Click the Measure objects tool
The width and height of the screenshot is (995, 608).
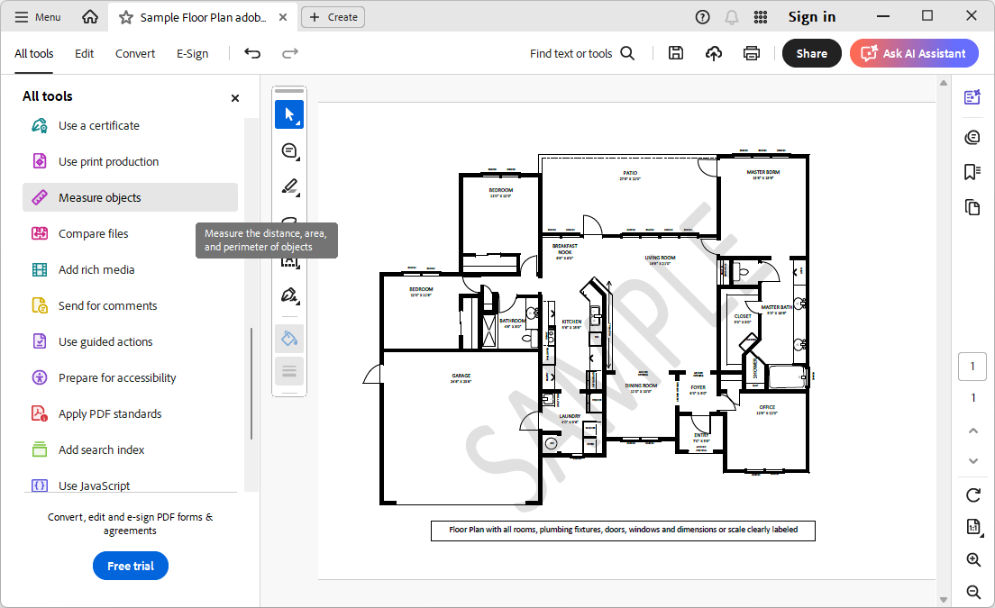pos(99,198)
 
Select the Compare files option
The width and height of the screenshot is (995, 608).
pos(93,234)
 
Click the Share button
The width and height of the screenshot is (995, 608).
pos(811,53)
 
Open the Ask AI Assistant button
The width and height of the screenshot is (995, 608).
pos(914,53)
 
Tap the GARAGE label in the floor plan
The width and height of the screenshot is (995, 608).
pos(461,376)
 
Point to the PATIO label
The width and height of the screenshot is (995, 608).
pos(629,173)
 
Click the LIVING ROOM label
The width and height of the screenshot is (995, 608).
pos(659,258)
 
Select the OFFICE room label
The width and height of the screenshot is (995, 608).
pos(766,407)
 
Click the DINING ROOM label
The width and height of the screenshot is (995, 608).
pos(641,386)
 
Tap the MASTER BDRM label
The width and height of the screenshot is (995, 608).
pos(762,172)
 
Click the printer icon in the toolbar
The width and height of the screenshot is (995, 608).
pos(752,53)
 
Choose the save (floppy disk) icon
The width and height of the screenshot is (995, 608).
pos(676,53)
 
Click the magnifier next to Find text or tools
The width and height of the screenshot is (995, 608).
pos(627,53)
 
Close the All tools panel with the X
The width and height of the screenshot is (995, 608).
pos(235,98)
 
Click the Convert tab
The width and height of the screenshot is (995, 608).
pos(135,53)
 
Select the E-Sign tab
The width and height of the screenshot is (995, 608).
pos(192,53)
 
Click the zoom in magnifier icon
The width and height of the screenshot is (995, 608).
pos(973,560)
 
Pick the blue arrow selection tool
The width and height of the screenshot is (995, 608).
pos(289,114)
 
